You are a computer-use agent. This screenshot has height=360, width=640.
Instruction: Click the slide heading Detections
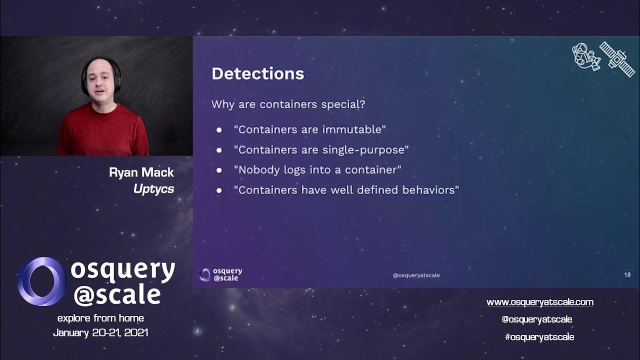point(257,74)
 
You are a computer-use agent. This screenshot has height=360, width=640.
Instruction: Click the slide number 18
point(627,274)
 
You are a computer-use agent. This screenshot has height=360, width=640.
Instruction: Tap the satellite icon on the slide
point(617,58)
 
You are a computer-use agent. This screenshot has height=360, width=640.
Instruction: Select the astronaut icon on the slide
point(585,56)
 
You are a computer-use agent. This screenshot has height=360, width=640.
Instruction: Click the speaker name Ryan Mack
point(141,173)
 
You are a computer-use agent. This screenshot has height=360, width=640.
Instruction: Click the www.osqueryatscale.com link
point(540,302)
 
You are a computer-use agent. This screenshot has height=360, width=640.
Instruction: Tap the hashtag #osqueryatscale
point(539,337)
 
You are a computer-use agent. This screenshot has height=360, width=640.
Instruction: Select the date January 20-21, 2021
point(100,332)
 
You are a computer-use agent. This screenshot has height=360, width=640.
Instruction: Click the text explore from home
point(100,318)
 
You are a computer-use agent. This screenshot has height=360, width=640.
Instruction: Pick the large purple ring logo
point(41,281)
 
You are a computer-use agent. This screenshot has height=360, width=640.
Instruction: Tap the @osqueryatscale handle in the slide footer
point(416,275)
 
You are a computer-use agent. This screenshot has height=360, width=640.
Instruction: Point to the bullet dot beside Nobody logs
point(219,170)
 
